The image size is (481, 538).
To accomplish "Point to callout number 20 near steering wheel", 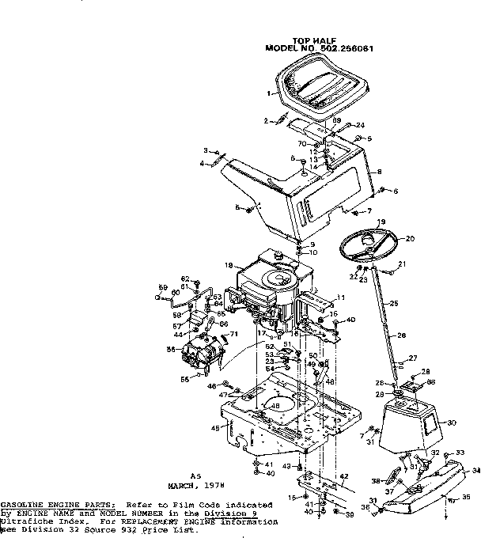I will [410, 238].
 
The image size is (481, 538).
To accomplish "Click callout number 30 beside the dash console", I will [452, 423].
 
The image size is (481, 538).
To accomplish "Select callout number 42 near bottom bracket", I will [344, 477].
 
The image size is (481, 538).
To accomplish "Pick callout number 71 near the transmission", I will [233, 335].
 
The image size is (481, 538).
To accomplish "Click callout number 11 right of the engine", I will [342, 297].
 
